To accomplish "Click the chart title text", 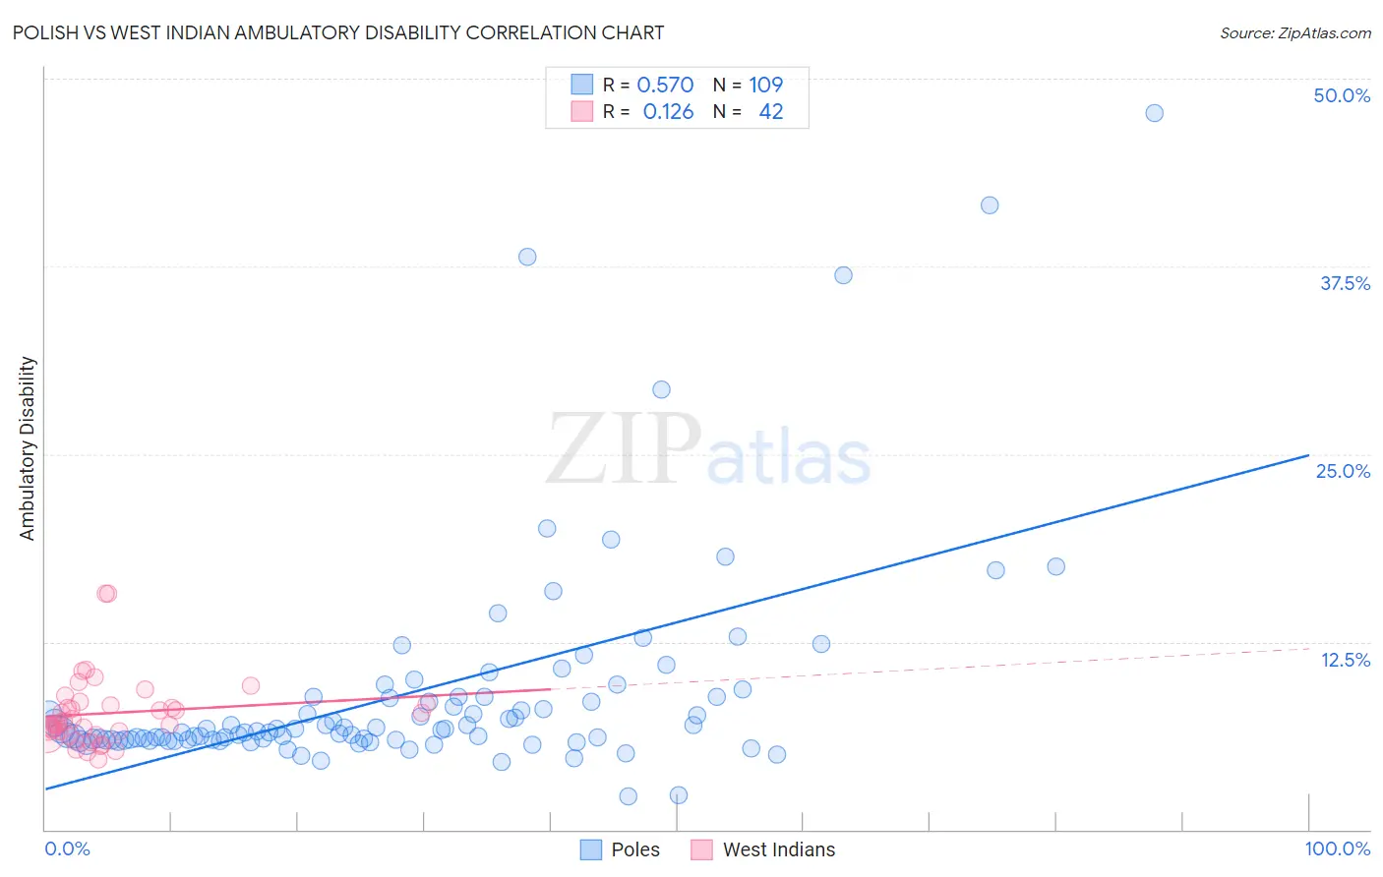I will click(338, 33).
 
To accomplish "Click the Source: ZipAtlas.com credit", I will click(1294, 33).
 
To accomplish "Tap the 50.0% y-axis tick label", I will click(1342, 95).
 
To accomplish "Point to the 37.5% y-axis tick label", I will click(1345, 283).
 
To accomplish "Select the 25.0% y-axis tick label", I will click(1343, 471).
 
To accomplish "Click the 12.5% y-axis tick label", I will click(1345, 660).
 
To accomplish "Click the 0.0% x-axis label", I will click(67, 848).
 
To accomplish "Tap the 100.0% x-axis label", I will click(1337, 848).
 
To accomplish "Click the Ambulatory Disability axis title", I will click(28, 448).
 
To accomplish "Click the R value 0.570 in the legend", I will click(665, 86).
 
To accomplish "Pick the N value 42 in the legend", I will click(771, 112).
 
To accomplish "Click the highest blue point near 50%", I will click(1154, 113).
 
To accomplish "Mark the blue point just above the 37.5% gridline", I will click(527, 257).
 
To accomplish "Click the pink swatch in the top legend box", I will click(582, 112).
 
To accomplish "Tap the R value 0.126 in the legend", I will click(668, 112).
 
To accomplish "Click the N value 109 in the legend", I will click(765, 86).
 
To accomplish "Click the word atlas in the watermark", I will click(789, 458).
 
